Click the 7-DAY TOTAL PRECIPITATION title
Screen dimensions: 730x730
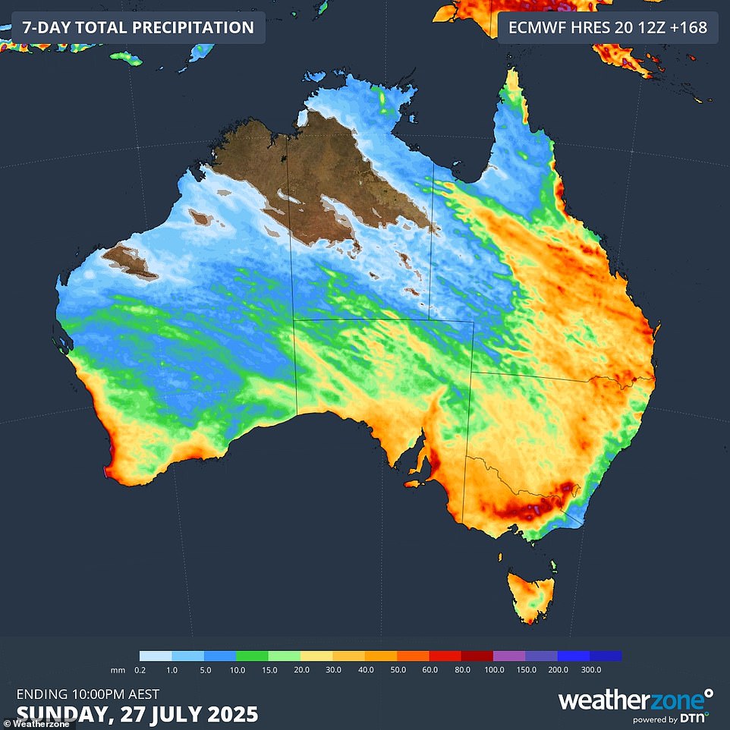point(137,28)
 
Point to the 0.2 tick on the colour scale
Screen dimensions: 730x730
point(140,670)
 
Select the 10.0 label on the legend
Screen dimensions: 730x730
point(237,670)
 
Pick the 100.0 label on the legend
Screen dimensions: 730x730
point(493,670)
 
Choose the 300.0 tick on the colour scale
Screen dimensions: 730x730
point(590,670)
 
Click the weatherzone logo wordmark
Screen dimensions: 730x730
point(630,699)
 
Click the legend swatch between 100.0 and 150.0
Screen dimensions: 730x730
point(508,656)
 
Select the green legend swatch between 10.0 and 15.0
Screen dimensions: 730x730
point(252,656)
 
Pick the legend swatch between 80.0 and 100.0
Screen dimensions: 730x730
point(477,656)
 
